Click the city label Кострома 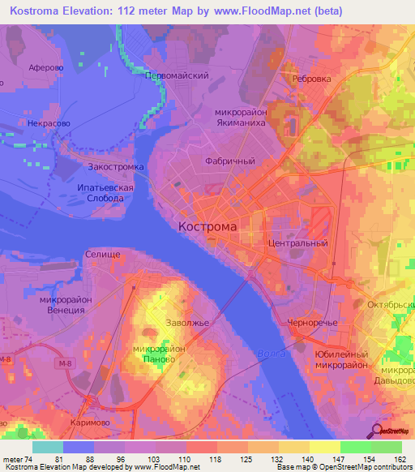(207, 227)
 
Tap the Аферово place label (45, 69)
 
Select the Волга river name (270, 354)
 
